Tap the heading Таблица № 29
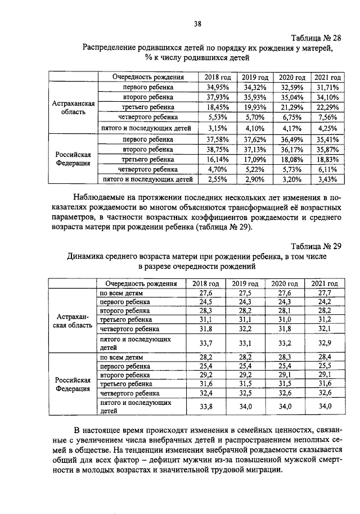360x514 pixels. point(316,246)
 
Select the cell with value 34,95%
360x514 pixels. point(218,87)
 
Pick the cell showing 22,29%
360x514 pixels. point(327,107)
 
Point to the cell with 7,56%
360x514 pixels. point(327,117)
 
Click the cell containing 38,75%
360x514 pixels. point(218,150)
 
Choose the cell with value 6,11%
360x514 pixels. point(327,169)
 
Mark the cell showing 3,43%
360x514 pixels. point(327,179)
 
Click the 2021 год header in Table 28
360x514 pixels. point(327,77)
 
